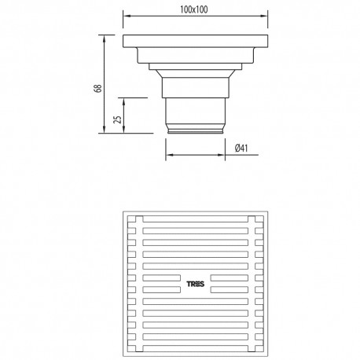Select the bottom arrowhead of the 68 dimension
click(x=105, y=130)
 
